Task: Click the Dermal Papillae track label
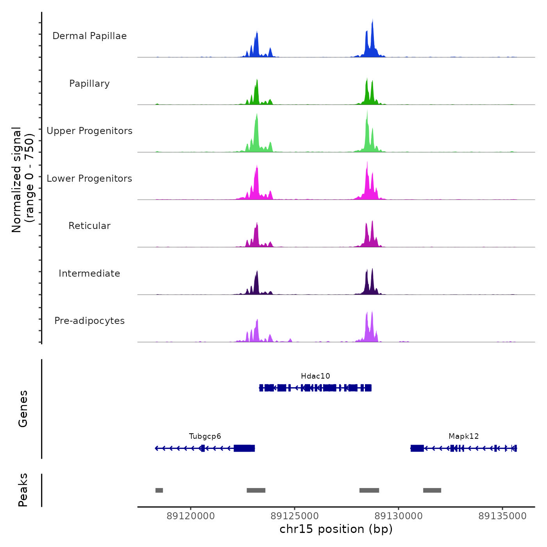click(89, 36)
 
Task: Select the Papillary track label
click(89, 84)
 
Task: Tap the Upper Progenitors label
click(89, 131)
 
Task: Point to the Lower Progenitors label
click(89, 179)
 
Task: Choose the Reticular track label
click(89, 226)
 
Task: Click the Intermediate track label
click(89, 273)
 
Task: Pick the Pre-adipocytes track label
click(89, 321)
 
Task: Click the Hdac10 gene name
click(315, 376)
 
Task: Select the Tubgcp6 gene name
click(205, 436)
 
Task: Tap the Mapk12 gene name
click(463, 436)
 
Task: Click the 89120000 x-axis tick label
click(191, 516)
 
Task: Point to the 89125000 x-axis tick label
click(295, 516)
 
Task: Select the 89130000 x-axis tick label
click(399, 516)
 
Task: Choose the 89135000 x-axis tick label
click(502, 516)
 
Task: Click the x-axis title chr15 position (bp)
click(336, 529)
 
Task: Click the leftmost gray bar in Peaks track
click(159, 490)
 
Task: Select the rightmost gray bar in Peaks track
click(432, 490)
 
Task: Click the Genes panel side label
click(23, 409)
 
